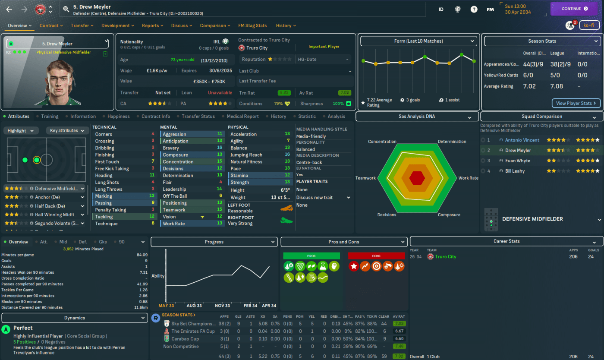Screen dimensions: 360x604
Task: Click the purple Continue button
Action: (575, 9)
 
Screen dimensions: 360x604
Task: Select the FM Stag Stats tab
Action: (252, 25)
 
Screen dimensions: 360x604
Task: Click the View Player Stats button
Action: (576, 103)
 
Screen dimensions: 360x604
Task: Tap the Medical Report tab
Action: (243, 116)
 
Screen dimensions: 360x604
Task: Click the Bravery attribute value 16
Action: (220, 148)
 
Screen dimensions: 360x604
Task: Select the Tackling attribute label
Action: (104, 217)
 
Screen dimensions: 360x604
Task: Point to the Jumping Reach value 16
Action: (287, 155)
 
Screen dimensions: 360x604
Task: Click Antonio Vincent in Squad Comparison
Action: (522, 140)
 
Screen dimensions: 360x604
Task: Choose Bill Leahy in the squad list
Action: (515, 171)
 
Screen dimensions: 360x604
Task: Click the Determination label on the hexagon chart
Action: (452, 142)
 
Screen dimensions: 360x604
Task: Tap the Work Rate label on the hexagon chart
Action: (468, 178)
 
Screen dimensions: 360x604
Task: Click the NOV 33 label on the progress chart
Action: (222, 306)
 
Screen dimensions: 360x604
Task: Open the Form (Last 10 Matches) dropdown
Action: (417, 41)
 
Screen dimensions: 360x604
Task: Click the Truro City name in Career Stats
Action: (446, 256)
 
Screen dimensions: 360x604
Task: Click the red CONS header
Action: (376, 256)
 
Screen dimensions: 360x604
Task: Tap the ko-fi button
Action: (589, 25)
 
